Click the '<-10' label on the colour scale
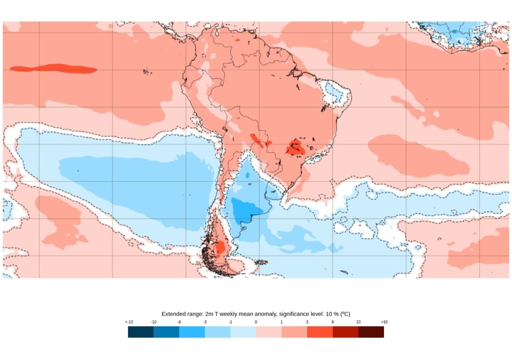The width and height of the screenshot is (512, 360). click(128, 321)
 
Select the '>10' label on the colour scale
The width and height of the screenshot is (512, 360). click(383, 321)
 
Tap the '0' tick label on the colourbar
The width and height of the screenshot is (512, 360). click(256, 321)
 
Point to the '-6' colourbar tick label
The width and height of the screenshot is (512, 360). click(179, 321)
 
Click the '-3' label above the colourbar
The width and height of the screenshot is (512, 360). click(204, 321)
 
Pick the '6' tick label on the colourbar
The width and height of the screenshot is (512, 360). click(332, 321)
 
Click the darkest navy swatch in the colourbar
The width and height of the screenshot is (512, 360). click(140, 332)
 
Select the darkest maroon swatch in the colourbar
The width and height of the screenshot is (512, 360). click(371, 332)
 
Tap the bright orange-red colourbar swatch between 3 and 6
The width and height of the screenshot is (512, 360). click(320, 332)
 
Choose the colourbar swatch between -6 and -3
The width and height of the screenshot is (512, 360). click(192, 332)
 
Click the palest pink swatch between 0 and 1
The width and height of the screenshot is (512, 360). click(268, 332)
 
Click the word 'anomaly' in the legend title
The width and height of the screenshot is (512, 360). click(262, 313)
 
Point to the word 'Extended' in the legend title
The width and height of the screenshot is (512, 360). click(174, 313)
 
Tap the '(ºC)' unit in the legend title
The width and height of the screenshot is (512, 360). click(344, 313)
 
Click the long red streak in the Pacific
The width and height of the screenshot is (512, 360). click(53, 68)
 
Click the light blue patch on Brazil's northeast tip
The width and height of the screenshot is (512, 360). click(334, 92)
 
